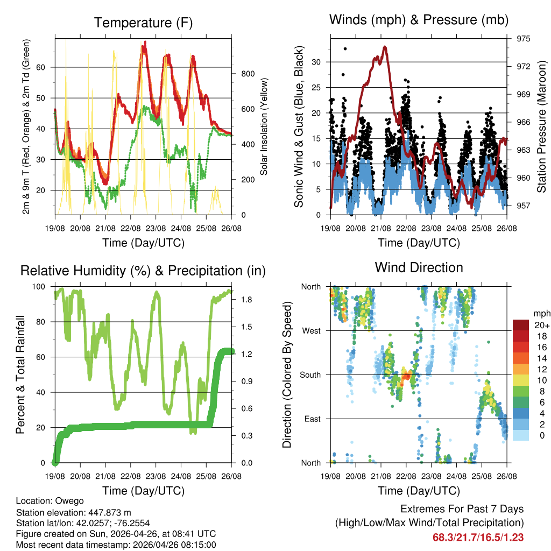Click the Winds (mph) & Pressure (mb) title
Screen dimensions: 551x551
pos(419,20)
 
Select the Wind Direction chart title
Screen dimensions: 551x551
pos(419,267)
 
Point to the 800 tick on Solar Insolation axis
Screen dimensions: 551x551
pos(247,74)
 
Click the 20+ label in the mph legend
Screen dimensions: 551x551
pos(542,325)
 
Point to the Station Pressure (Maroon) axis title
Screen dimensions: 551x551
pos(541,126)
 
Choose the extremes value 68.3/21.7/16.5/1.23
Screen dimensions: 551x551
pos(478,537)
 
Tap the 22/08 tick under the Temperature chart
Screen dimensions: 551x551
pos(131,228)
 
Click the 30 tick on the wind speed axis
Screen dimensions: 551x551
pos(320,62)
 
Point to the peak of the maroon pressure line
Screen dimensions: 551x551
pos(385,47)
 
